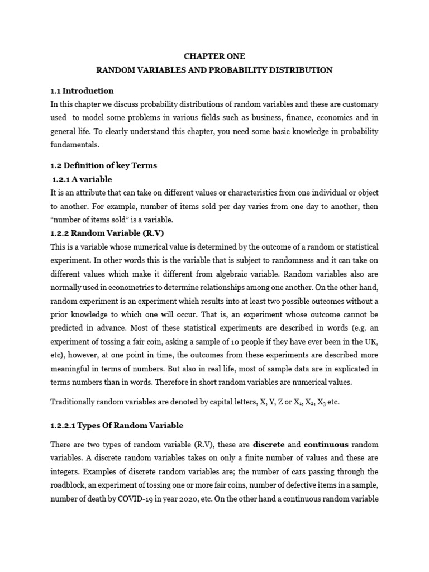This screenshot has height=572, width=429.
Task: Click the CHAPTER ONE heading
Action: [x=214, y=56]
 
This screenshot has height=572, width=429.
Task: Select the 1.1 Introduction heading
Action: [x=82, y=90]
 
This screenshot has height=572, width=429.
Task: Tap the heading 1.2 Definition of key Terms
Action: [x=104, y=165]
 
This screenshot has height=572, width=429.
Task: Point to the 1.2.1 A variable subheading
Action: [x=82, y=179]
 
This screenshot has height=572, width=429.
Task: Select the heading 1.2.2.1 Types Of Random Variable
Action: [x=117, y=425]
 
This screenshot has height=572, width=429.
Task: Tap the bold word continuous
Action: [x=326, y=445]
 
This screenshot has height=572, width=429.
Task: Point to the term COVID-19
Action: [x=147, y=498]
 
